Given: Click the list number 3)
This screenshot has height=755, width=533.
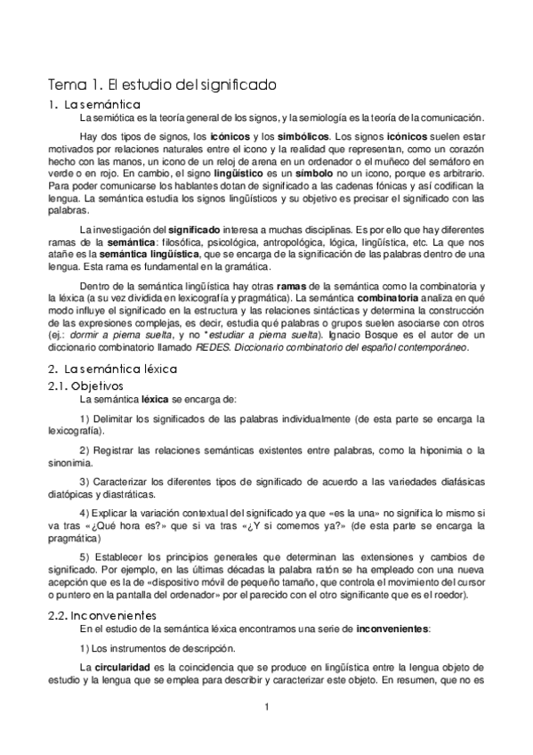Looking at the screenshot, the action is tap(85, 482).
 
